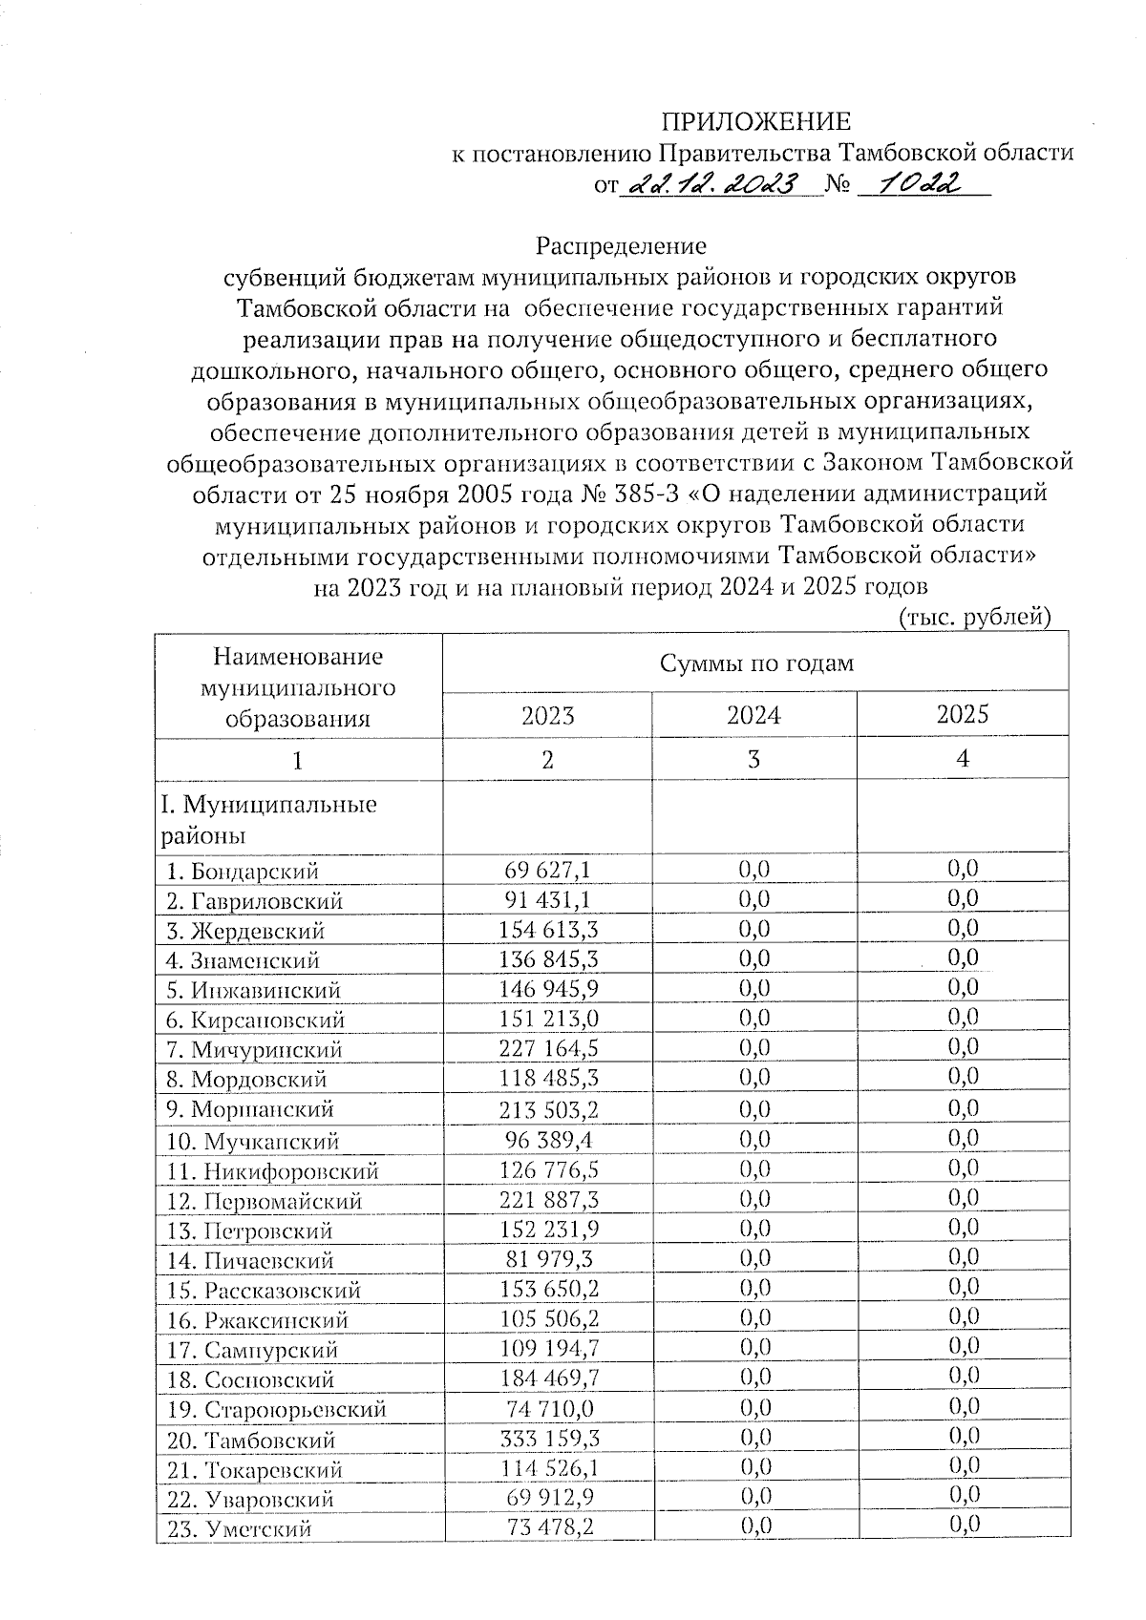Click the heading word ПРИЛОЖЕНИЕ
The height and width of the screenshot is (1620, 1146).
755,121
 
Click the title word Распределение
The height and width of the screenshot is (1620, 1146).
621,246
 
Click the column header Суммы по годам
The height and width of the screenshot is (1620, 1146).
754,663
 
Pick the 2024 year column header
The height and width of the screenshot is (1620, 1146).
753,715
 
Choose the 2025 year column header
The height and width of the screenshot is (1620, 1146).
962,714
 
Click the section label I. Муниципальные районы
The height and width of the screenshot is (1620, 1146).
268,819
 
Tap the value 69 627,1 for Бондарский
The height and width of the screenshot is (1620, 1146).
548,870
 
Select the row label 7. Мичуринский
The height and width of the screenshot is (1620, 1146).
254,1049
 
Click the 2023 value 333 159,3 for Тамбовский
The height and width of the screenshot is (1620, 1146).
549,1439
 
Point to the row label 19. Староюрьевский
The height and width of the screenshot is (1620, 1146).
276,1409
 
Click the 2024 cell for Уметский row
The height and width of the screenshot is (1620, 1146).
753,1527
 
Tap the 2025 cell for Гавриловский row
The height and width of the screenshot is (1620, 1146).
963,897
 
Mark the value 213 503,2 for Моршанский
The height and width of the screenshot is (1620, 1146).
549,1109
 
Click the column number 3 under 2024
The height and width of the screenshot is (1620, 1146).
753,760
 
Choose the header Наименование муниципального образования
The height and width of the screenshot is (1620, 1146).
297,687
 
